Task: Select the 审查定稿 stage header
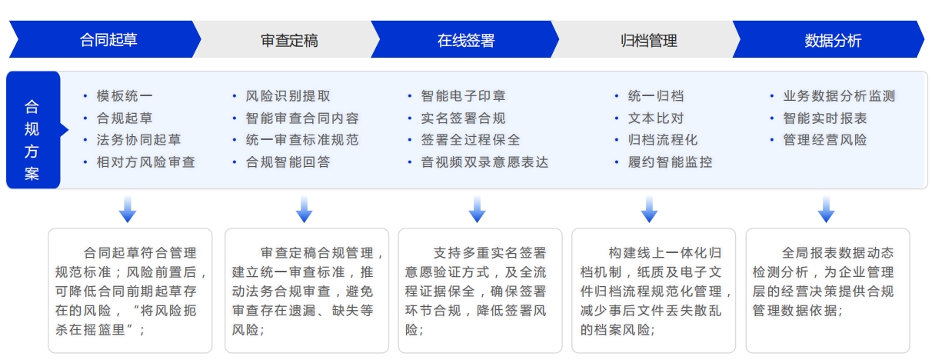point(289,40)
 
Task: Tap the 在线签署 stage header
point(465,40)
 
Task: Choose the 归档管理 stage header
point(648,40)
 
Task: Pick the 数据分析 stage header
point(832,40)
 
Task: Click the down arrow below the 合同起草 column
point(128,209)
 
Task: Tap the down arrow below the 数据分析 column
point(827,209)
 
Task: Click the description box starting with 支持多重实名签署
point(480,291)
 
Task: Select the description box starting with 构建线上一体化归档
point(654,291)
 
